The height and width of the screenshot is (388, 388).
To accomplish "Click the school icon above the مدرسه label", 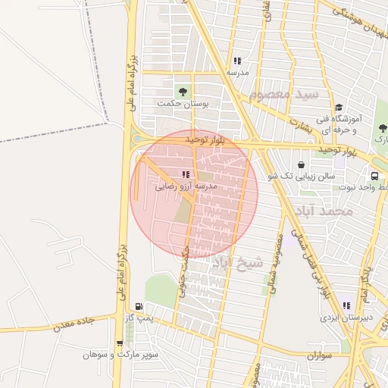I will [237, 61].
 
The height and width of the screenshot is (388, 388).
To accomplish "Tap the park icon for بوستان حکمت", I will [181, 91].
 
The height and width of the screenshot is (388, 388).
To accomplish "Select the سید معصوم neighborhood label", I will [283, 95].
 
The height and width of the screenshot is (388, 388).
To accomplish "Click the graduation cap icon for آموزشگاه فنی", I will [338, 108].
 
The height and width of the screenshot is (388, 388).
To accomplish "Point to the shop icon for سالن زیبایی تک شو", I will [302, 164].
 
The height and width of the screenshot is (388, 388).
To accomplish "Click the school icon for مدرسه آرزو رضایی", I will [186, 174].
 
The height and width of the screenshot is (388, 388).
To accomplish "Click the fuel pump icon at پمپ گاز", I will [138, 306].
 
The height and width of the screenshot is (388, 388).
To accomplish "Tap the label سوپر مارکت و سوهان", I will [122, 354].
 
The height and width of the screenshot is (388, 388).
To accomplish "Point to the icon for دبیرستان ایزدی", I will [346, 306].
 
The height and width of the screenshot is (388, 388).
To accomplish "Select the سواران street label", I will [321, 355].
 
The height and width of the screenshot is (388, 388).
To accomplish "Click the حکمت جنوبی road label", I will [183, 270].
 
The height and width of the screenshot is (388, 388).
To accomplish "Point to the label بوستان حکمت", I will [183, 102].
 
